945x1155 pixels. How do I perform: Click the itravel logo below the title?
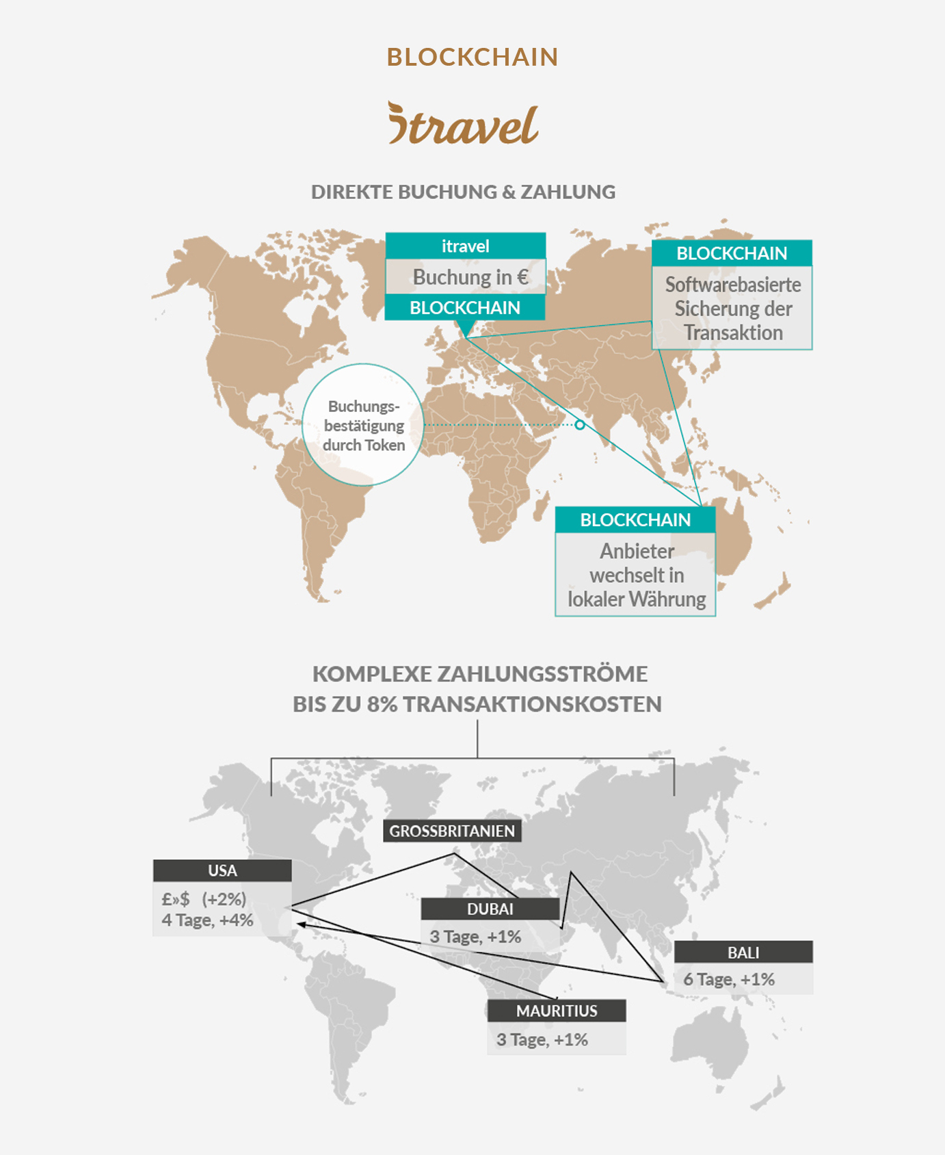pyautogui.click(x=464, y=124)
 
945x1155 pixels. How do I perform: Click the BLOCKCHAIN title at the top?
pyautogui.click(x=472, y=57)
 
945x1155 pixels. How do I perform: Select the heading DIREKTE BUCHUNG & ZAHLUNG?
pyautogui.click(x=463, y=192)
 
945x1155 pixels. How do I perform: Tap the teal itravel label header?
pyautogui.click(x=465, y=246)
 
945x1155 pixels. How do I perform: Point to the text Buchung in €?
pyautogui.click(x=470, y=277)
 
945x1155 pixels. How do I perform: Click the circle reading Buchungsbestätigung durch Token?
pyautogui.click(x=363, y=425)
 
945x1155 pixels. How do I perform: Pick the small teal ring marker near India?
pyautogui.click(x=580, y=425)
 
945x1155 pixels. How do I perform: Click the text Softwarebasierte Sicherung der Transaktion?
pyautogui.click(x=732, y=309)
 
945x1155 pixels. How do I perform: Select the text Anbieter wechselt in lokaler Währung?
pyautogui.click(x=636, y=575)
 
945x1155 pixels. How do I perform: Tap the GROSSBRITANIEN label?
pyautogui.click(x=452, y=831)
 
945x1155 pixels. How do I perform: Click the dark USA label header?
pyautogui.click(x=222, y=870)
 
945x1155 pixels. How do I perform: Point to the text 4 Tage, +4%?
pyautogui.click(x=207, y=920)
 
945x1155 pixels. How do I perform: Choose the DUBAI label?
pyautogui.click(x=490, y=909)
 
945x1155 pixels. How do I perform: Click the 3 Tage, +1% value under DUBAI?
pyautogui.click(x=475, y=937)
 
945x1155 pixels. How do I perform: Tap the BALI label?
pyautogui.click(x=743, y=952)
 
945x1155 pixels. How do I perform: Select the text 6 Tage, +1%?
pyautogui.click(x=729, y=980)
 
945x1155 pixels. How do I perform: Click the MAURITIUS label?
pyautogui.click(x=557, y=1011)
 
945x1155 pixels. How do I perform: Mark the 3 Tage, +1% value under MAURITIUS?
pyautogui.click(x=542, y=1040)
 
